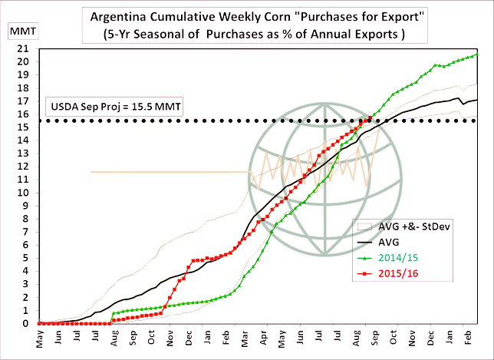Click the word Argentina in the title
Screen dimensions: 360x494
pos(121,16)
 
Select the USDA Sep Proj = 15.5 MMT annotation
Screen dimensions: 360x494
pos(116,106)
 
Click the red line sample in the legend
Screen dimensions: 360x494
pos(368,273)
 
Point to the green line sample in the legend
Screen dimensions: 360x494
pos(368,257)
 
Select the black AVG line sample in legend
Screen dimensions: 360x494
pos(368,241)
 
